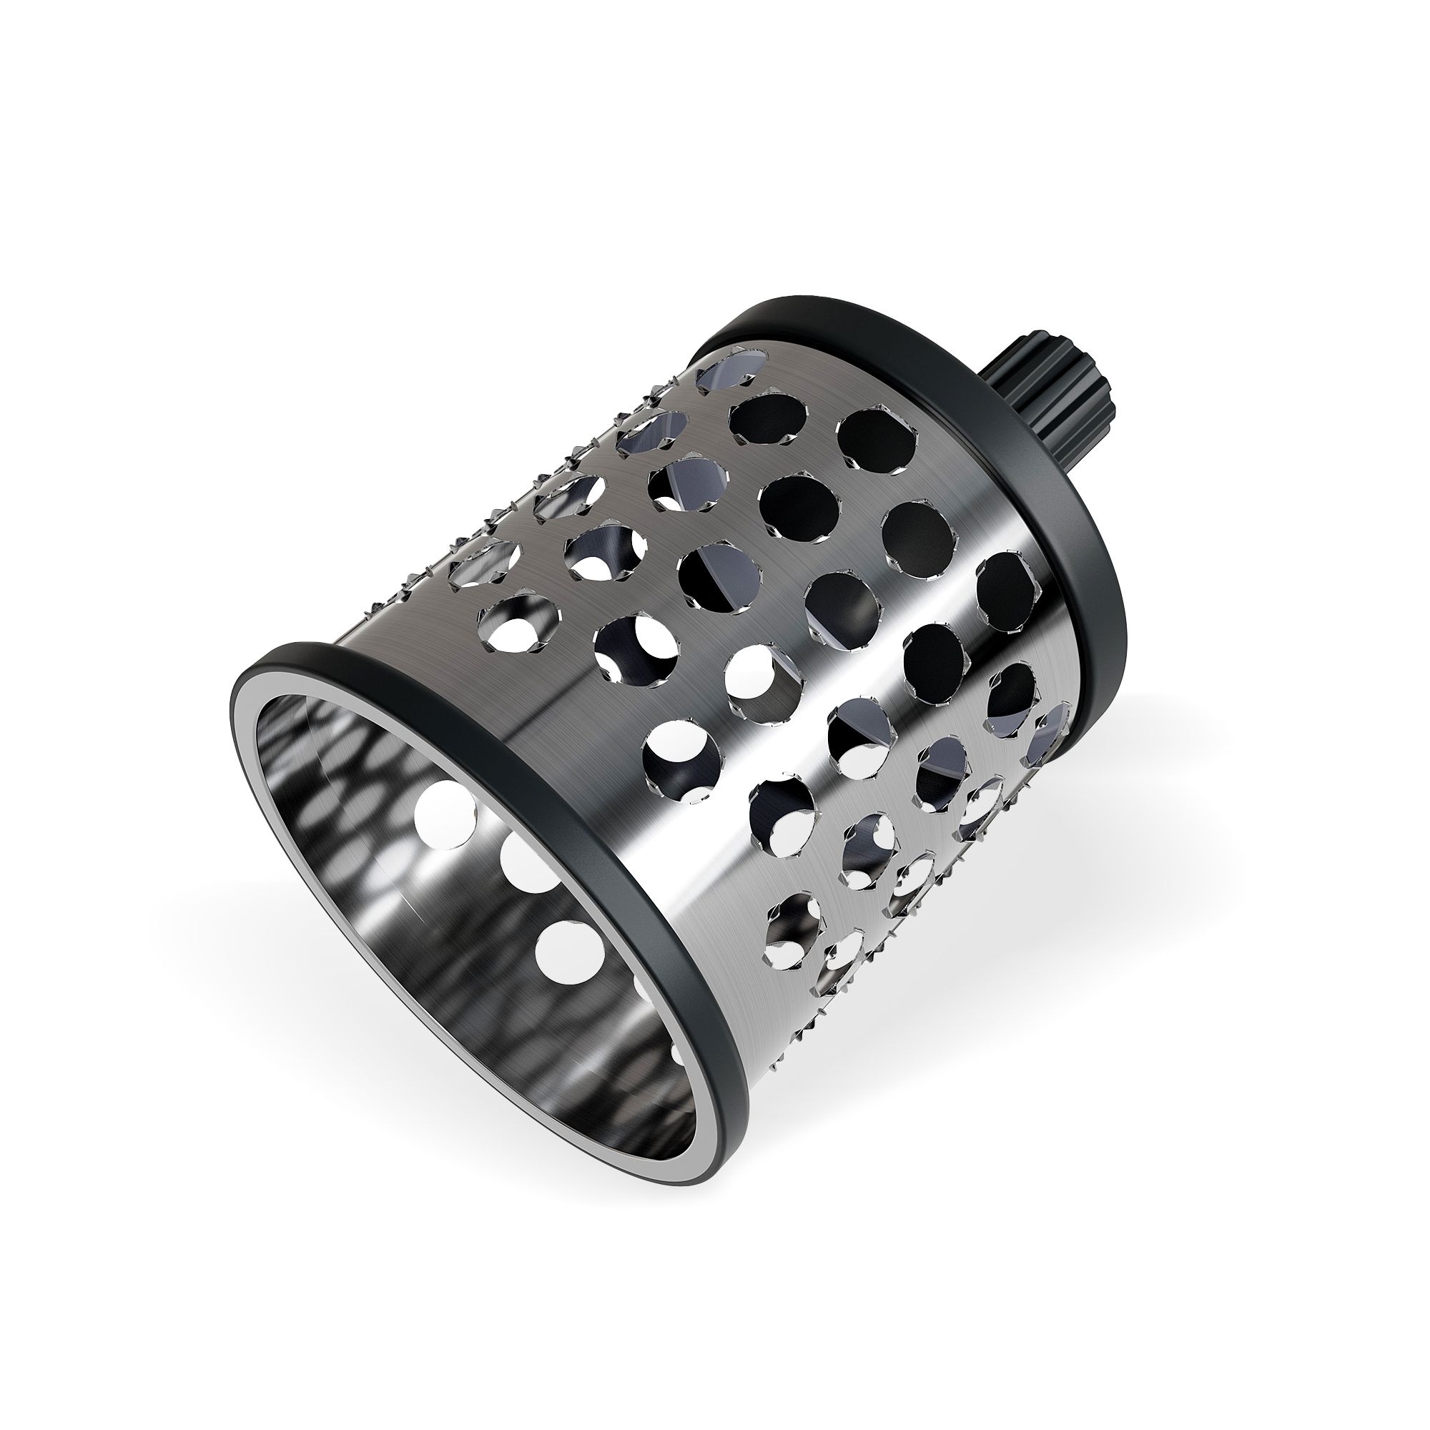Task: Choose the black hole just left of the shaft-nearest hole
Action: [766, 422]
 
